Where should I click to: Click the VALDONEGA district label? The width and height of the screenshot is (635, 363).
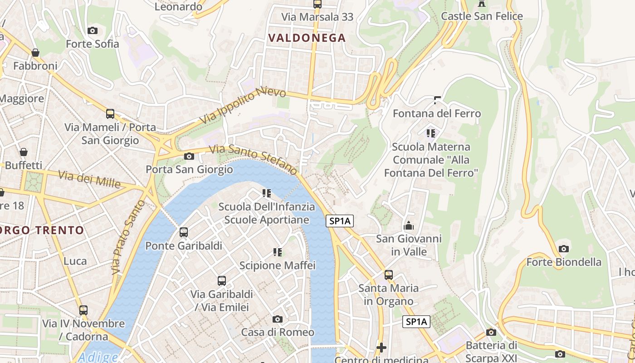(x=307, y=38)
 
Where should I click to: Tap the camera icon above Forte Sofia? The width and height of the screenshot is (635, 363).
(x=93, y=30)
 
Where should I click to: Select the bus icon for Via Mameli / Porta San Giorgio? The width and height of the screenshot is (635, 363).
(x=110, y=114)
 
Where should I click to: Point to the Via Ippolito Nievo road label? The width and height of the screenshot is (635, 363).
(x=244, y=105)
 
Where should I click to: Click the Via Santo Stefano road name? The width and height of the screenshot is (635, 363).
(x=254, y=159)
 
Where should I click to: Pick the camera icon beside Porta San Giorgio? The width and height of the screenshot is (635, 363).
(x=189, y=157)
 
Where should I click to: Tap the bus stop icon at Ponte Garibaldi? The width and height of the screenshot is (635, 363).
(x=184, y=232)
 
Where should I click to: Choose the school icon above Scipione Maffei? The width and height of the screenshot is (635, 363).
(x=278, y=252)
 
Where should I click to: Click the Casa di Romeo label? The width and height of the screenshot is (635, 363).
(x=278, y=332)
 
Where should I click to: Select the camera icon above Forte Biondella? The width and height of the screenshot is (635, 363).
(x=564, y=249)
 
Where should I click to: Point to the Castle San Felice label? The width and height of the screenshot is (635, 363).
(x=482, y=16)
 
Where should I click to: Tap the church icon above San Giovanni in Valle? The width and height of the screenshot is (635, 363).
(x=409, y=226)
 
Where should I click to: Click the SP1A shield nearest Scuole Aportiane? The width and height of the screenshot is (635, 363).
(x=340, y=221)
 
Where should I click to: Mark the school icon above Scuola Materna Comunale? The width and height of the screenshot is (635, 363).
(x=431, y=133)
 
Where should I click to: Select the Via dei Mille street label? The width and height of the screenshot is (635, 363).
(x=89, y=180)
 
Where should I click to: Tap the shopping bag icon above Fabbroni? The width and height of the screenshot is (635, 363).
(x=35, y=53)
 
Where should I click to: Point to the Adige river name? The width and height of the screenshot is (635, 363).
(x=98, y=357)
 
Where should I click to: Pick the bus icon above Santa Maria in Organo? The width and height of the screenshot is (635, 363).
(x=389, y=275)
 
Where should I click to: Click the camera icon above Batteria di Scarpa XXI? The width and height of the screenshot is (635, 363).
(x=491, y=333)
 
